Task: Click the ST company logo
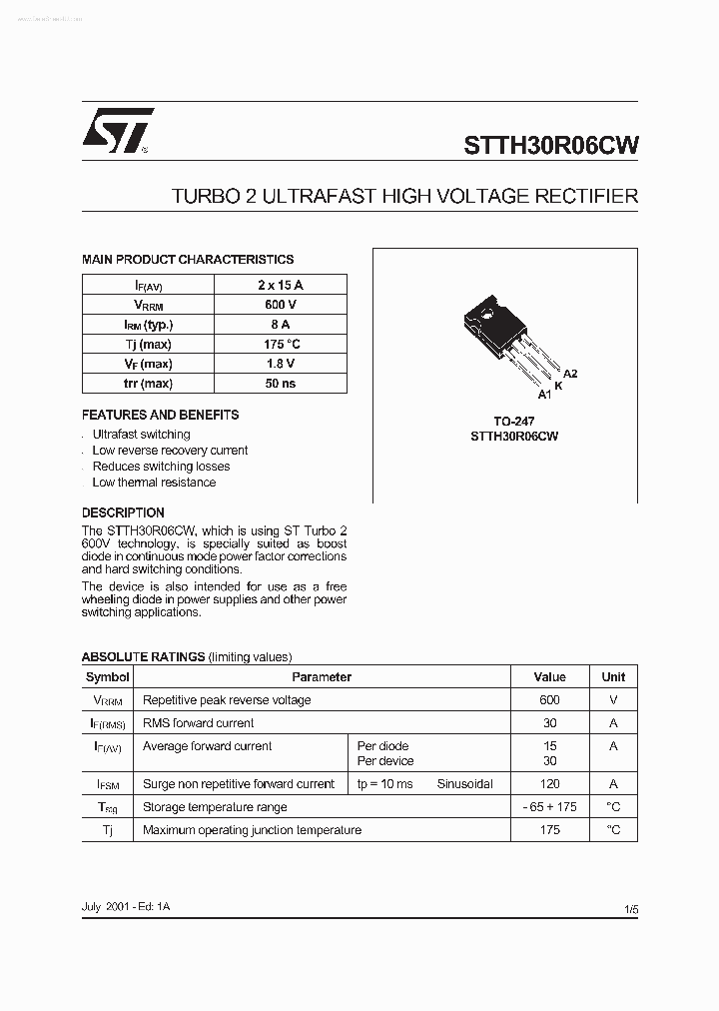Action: tap(117, 131)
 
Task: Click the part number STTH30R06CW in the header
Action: tap(550, 144)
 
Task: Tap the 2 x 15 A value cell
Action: tap(280, 285)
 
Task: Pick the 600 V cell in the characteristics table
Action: tap(280, 305)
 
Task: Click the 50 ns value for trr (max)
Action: tap(280, 384)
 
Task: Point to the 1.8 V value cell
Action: tap(280, 364)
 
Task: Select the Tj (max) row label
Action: tap(148, 344)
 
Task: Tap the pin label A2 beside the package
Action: tap(570, 374)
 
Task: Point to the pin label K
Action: tap(558, 385)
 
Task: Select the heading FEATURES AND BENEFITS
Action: tap(160, 415)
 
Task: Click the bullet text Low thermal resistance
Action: tap(154, 483)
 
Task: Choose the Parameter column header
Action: tap(322, 677)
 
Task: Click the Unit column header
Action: tap(613, 677)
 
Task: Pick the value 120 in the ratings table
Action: tap(549, 784)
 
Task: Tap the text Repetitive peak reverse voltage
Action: tap(227, 700)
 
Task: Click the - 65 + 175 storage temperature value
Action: tap(549, 807)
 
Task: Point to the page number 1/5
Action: tap(630, 910)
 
